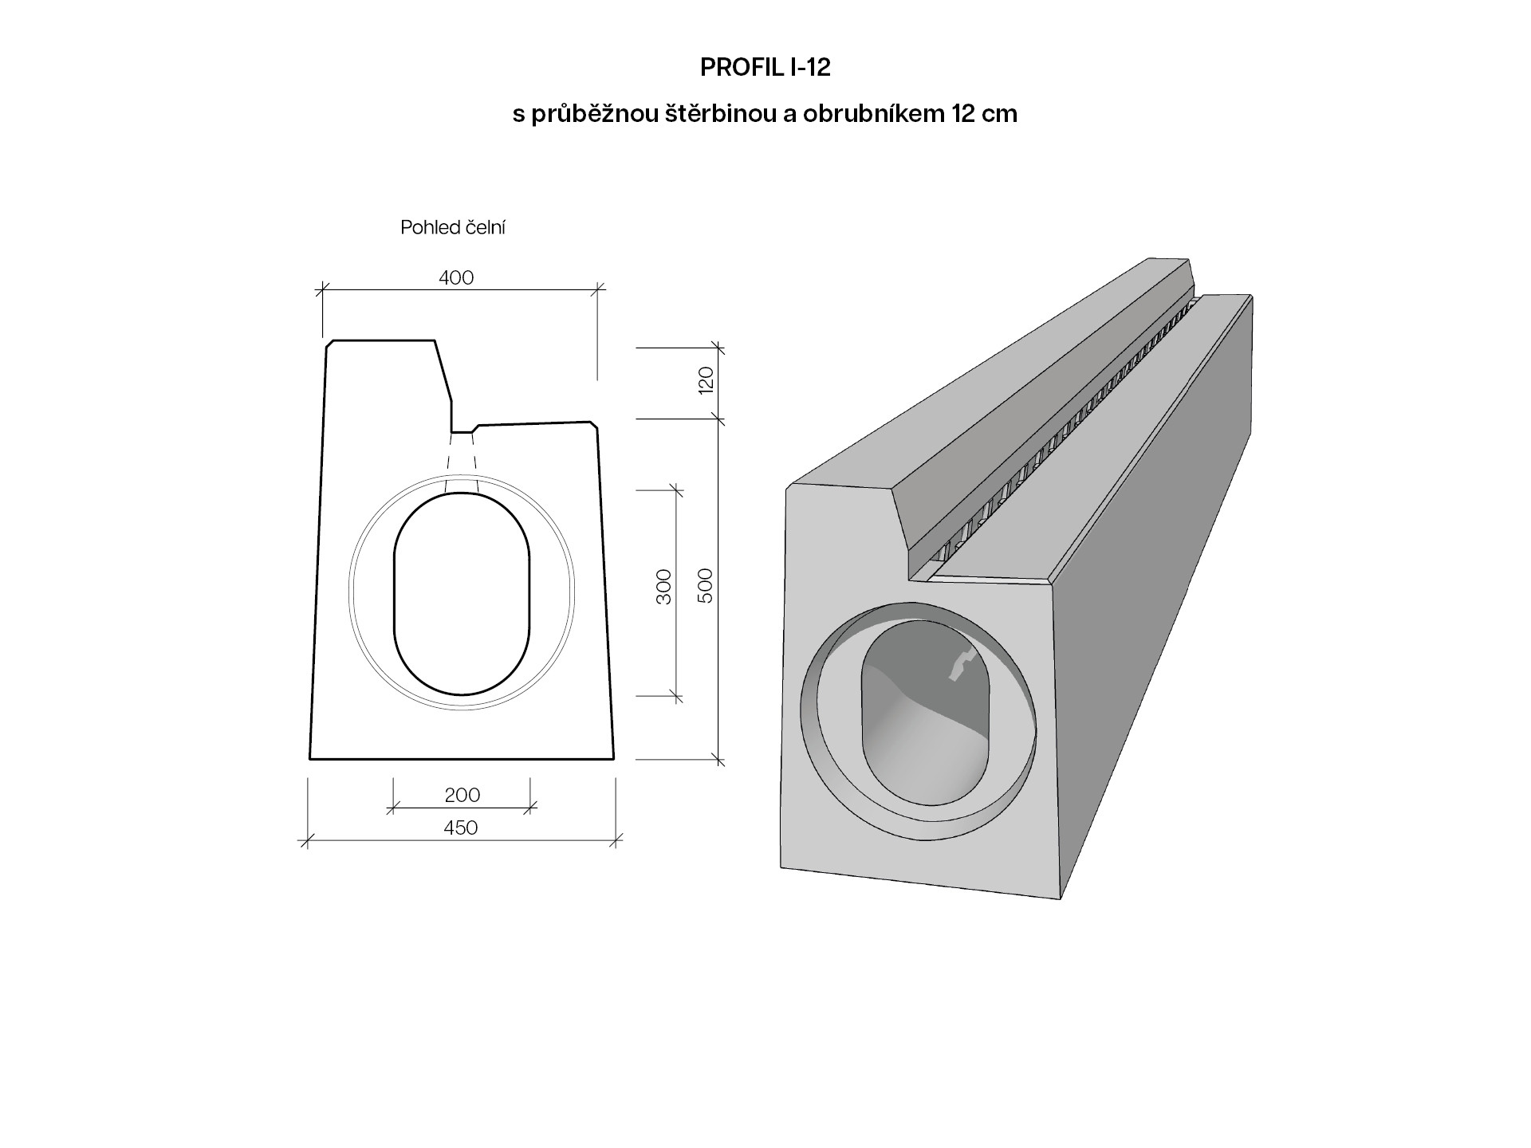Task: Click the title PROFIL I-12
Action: tap(765, 68)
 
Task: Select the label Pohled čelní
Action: tap(453, 228)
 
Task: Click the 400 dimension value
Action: tap(456, 277)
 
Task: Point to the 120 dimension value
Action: tap(706, 382)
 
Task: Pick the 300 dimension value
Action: tap(663, 586)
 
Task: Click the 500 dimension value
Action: tap(706, 586)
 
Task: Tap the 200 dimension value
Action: tap(462, 795)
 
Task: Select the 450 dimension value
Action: tap(460, 828)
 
